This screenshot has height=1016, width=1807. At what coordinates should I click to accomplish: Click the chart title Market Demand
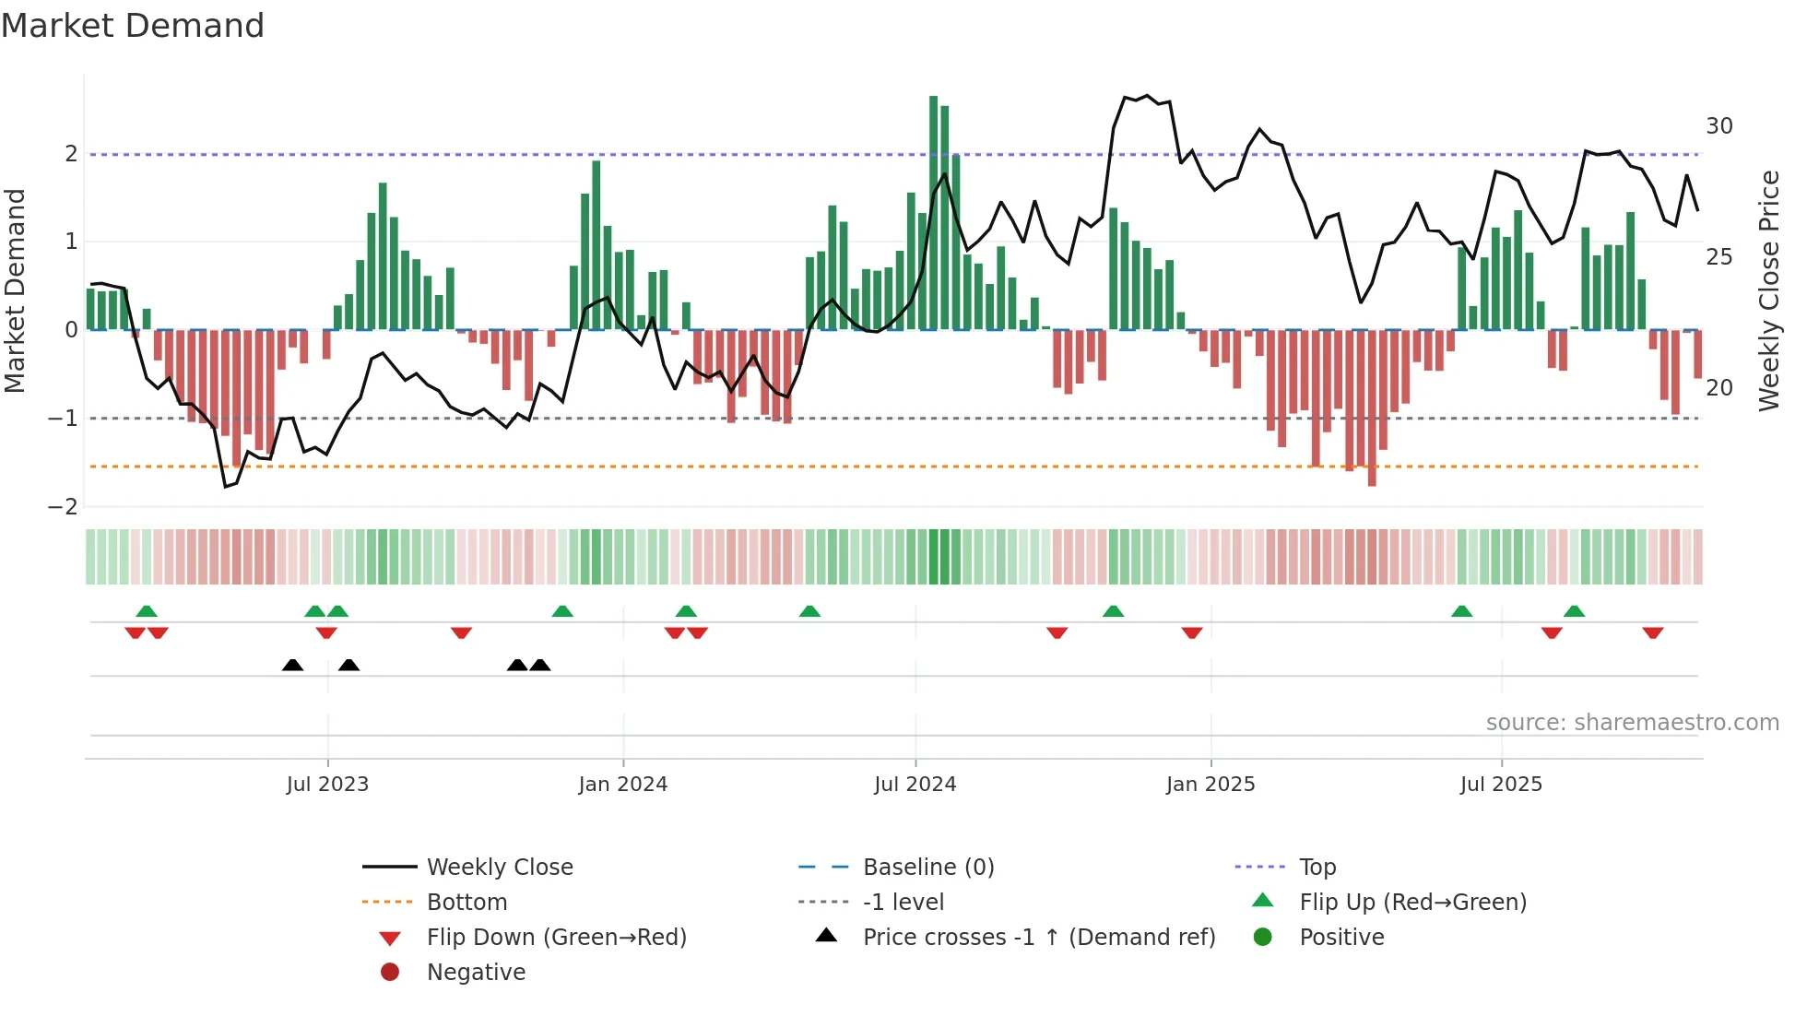coord(133,26)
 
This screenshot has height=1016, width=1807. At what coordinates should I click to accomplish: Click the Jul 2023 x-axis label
coord(327,785)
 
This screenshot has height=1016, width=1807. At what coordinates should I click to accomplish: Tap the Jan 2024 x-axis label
coord(622,785)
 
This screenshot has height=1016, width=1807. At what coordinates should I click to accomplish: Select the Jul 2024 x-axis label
coord(915,785)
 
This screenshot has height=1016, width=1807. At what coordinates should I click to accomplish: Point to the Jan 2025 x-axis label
coord(1210,785)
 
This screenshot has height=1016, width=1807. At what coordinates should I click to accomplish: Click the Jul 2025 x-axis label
coord(1501,785)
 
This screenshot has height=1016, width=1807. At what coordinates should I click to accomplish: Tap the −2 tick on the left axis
coord(64,506)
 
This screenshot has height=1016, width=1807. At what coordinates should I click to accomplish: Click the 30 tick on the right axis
coord(1718,126)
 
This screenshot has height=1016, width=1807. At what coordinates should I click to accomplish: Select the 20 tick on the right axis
coord(1718,388)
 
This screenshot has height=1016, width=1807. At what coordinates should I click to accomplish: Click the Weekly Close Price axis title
coord(1768,290)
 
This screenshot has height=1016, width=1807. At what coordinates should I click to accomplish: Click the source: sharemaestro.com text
coord(1632,723)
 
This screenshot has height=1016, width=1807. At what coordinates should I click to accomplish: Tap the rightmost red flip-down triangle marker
coord(1652,632)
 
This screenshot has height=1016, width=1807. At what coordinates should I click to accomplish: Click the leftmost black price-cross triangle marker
coord(292,665)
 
